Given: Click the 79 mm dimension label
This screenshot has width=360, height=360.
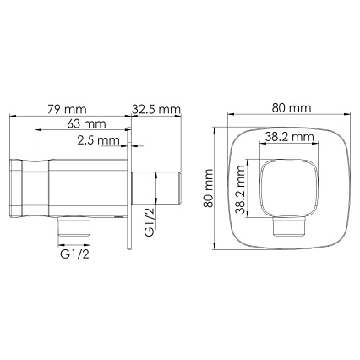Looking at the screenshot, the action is click(x=67, y=109).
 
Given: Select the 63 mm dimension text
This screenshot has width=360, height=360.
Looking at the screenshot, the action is click(x=86, y=123).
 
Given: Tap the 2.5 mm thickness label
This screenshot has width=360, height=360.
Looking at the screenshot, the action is click(x=99, y=140).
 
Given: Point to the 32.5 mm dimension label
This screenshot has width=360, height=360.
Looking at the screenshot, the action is click(x=156, y=109).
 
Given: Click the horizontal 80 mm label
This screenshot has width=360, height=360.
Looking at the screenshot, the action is click(x=292, y=108).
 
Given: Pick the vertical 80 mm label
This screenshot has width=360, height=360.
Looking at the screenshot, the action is click(x=209, y=188).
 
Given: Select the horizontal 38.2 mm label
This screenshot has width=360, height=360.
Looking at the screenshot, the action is click(x=289, y=137).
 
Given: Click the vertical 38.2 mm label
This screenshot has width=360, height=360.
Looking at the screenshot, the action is click(x=241, y=189).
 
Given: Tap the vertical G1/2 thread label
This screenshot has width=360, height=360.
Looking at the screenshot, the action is click(x=149, y=221).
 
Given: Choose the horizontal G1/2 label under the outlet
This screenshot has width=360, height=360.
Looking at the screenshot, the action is click(x=74, y=254).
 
